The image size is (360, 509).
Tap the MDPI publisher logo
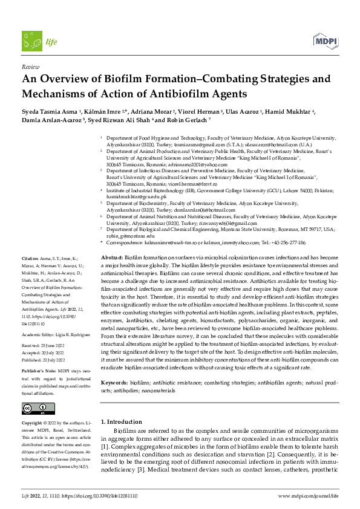click(x=326, y=41)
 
